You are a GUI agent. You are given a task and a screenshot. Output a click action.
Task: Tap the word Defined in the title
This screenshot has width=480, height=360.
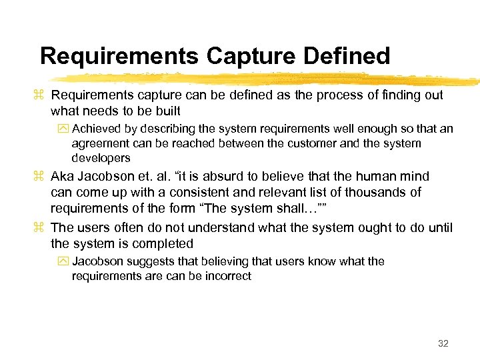pyautogui.click(x=346, y=56)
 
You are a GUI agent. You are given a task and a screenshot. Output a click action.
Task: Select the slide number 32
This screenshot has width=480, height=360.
pyautogui.click(x=443, y=343)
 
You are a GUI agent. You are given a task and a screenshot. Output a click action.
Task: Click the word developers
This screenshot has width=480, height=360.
pyautogui.click(x=101, y=158)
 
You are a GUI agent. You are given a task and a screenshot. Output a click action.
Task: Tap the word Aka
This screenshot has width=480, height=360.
pyautogui.click(x=63, y=177)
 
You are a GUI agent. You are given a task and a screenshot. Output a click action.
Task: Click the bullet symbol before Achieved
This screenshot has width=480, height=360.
pyautogui.click(x=65, y=129)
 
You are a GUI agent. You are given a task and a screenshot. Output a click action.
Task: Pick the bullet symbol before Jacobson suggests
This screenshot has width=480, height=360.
pyautogui.click(x=65, y=262)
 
